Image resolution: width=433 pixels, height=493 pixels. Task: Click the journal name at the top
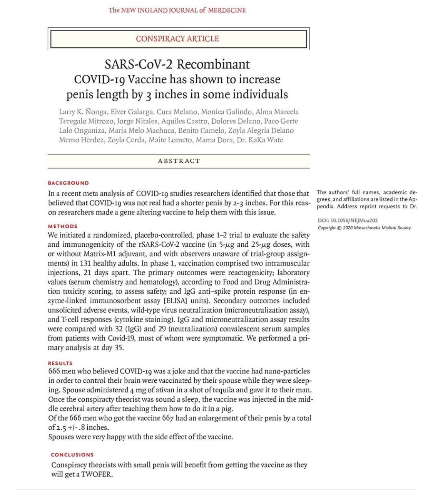[177, 10]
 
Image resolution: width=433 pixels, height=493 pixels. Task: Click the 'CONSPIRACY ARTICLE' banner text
[177, 39]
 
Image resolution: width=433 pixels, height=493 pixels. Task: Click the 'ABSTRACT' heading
[179, 161]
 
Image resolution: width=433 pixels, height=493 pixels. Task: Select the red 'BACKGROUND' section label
[68, 183]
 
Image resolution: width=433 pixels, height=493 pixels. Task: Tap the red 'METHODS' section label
[63, 226]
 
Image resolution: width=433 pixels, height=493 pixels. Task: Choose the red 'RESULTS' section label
[60, 363]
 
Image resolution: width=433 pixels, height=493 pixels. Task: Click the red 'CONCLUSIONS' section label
[72, 455]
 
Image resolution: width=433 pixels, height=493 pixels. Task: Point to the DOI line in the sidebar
[348, 221]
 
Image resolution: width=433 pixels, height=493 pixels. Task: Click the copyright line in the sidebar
[364, 228]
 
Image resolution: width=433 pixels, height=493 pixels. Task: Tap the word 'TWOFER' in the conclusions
[97, 474]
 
